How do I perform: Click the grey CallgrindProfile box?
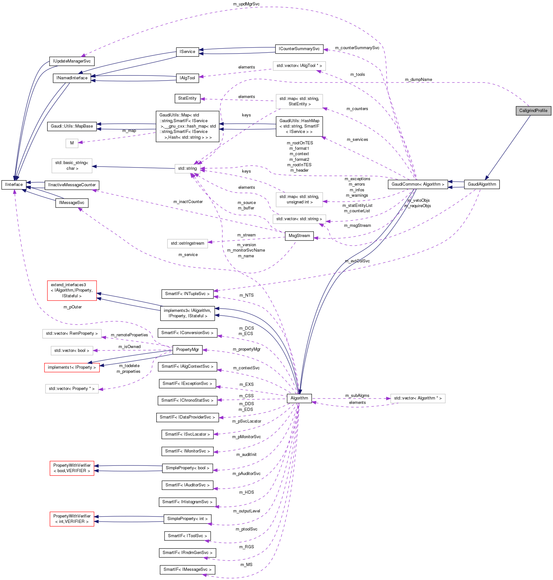[533, 111]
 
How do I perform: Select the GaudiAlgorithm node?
[482, 184]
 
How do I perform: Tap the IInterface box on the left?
[14, 185]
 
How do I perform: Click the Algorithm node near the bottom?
[299, 398]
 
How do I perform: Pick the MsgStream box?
[299, 236]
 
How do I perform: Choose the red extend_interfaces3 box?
[72, 290]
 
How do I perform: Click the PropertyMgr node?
[187, 350]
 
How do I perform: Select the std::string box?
[187, 168]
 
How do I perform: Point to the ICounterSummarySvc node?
[299, 49]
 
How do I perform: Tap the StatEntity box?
[187, 98]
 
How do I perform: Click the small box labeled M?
[72, 143]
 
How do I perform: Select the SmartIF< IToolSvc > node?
[187, 536]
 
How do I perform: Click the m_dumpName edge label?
[418, 80]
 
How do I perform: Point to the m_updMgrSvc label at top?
[246, 4]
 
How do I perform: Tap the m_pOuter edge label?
[72, 307]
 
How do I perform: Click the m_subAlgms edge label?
[357, 396]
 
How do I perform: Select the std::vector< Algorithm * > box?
[418, 398]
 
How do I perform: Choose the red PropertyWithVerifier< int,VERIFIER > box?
[72, 519]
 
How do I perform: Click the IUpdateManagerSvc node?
[72, 61]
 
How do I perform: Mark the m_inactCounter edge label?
[188, 202]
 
